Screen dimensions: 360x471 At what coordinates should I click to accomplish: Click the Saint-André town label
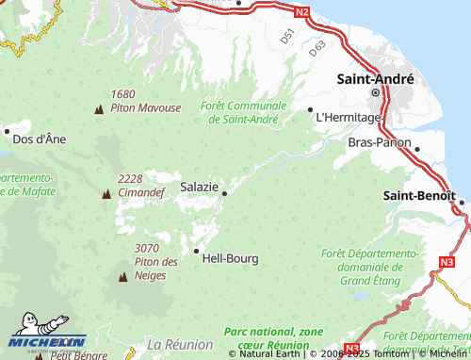[375, 80]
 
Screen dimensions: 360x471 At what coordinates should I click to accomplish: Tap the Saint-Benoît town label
[419, 195]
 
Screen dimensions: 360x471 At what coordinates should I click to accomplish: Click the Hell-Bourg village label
[230, 256]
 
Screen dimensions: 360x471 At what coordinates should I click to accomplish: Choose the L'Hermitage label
[349, 117]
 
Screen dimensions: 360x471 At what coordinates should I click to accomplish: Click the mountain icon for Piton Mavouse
[99, 109]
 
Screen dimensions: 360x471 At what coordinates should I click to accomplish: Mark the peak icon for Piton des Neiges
[122, 277]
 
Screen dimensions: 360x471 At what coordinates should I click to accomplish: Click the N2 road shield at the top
[300, 12]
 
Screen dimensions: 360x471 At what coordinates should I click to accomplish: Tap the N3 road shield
[447, 261]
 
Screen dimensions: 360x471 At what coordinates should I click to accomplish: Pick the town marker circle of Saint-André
[375, 93]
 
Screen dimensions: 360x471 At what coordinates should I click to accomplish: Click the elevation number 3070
[146, 248]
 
